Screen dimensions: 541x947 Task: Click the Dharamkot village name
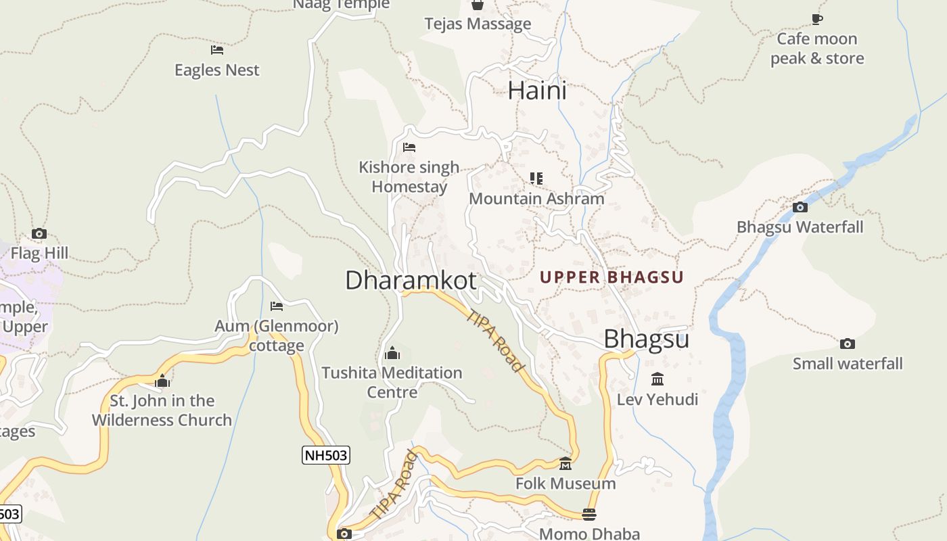click(411, 280)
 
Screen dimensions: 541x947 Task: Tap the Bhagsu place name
click(646, 339)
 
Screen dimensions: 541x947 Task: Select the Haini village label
click(537, 91)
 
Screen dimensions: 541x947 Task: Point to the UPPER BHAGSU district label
click(611, 277)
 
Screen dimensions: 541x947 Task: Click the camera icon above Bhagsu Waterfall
click(800, 207)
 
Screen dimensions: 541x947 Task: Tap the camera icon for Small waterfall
click(848, 344)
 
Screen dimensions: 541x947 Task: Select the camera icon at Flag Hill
click(39, 233)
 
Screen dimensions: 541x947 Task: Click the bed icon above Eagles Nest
click(217, 50)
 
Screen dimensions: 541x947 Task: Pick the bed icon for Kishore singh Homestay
click(409, 147)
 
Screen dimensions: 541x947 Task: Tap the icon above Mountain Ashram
click(536, 179)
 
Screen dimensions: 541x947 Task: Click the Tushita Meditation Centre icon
click(392, 353)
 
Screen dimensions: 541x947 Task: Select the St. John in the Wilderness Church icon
click(162, 381)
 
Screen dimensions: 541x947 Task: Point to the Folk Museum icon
click(565, 464)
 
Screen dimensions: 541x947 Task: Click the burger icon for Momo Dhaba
click(589, 515)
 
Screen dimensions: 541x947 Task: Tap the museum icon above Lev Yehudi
click(657, 379)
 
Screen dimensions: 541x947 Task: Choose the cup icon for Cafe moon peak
click(817, 19)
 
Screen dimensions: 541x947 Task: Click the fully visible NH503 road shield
click(325, 455)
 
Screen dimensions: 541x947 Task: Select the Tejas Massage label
click(478, 24)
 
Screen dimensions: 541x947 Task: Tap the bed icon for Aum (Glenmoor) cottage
click(276, 306)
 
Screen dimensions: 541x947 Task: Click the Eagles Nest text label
click(217, 70)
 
